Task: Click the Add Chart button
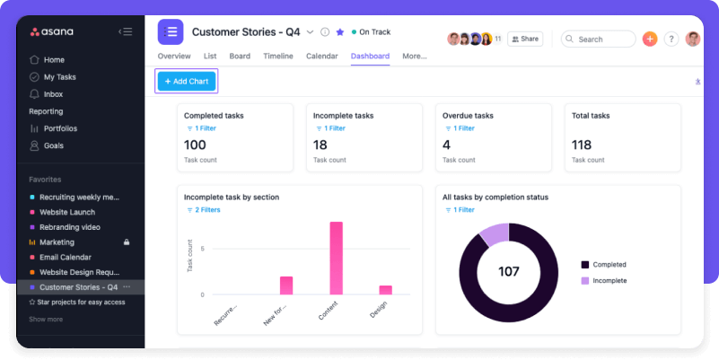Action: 186,81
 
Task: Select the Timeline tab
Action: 277,56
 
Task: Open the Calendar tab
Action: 321,56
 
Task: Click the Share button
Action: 525,40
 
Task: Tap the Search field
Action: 599,40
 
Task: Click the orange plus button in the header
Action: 650,40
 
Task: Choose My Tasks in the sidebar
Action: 60,77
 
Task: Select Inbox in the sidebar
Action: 53,94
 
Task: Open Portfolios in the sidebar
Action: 60,128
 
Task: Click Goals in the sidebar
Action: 54,145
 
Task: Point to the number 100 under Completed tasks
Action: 195,145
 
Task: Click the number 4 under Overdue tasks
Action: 446,145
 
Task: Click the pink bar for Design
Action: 385,290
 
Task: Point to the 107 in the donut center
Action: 508,271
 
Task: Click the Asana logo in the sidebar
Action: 52,32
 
